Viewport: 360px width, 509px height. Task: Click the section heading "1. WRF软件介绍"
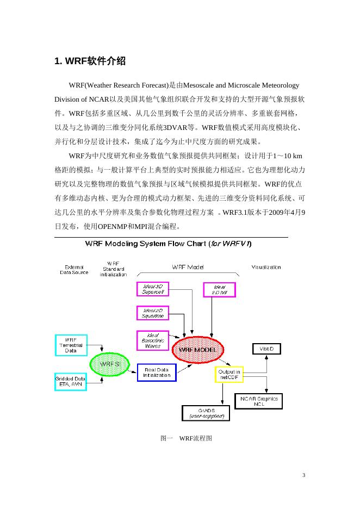(90, 61)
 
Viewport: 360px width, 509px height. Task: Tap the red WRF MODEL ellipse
(194, 349)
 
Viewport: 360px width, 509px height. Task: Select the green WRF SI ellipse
(110, 364)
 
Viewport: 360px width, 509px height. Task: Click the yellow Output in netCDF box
(229, 375)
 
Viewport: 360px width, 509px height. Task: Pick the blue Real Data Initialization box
(157, 373)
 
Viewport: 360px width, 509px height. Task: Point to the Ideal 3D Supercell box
(153, 289)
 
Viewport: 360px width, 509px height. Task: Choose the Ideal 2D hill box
(219, 290)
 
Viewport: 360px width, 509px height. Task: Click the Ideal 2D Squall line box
(153, 313)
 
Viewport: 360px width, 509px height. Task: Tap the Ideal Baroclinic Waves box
(153, 340)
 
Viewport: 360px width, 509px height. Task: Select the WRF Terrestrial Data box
(71, 345)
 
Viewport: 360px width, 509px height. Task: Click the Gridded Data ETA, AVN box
(71, 381)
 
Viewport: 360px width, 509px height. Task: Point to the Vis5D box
(266, 348)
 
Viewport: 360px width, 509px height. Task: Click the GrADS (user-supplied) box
(206, 413)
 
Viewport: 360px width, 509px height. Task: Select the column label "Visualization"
(266, 268)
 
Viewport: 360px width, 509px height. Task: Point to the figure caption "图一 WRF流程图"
(182, 438)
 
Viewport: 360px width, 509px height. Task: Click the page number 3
(304, 476)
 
